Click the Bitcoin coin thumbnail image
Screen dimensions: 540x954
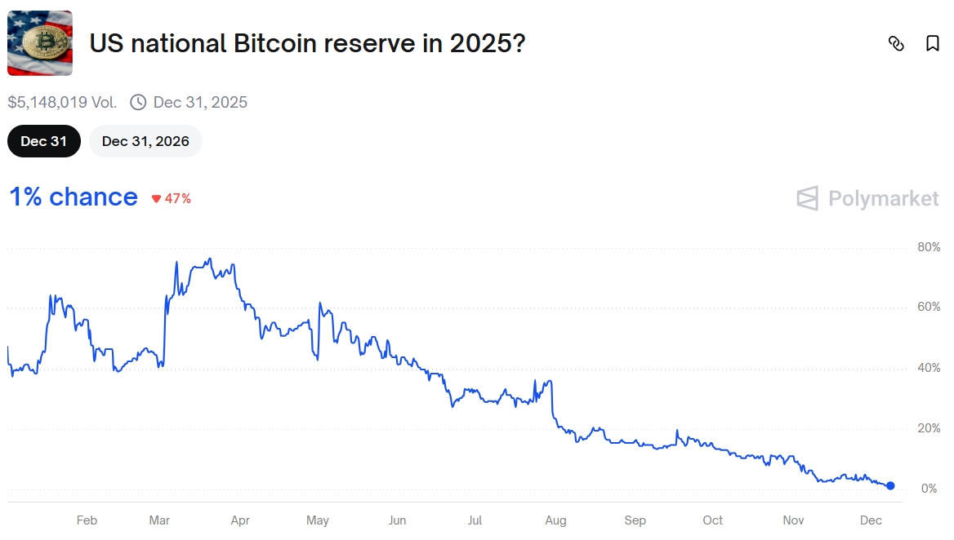tap(40, 43)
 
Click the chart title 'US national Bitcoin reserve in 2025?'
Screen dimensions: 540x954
tap(307, 43)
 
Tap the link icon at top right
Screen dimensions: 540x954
tap(896, 43)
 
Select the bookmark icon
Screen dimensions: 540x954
tap(932, 43)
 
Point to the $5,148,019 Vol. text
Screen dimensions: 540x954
tap(62, 102)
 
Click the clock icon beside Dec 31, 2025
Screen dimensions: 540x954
tap(139, 102)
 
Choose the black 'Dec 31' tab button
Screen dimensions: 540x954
tap(44, 141)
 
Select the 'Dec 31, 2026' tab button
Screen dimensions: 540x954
tap(145, 141)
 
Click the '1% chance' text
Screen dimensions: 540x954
tap(74, 197)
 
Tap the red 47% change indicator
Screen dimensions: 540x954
tap(172, 198)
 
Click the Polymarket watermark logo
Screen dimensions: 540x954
tap(867, 198)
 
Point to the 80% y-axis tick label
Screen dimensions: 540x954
tap(929, 247)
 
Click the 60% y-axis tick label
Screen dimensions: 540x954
tap(929, 308)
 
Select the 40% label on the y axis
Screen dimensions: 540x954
tap(929, 368)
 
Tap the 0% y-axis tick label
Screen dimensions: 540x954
tap(929, 489)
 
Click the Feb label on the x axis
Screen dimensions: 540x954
tap(87, 520)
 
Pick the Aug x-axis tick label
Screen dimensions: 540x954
tap(555, 520)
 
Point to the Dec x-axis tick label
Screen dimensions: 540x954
tap(871, 520)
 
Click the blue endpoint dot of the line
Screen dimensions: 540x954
tap(890, 485)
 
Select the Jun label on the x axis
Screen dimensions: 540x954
tap(397, 520)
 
